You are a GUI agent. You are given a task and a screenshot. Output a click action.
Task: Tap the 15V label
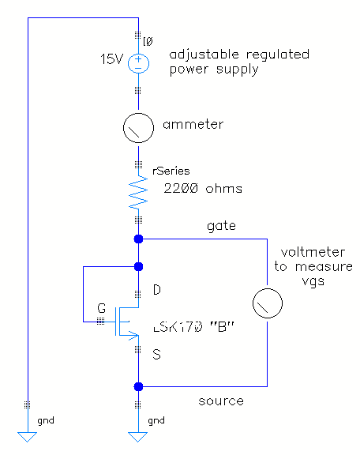pos(112,59)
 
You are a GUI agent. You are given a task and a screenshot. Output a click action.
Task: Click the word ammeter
pos(193,124)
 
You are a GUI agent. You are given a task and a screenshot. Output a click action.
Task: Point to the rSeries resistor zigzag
pos(138,193)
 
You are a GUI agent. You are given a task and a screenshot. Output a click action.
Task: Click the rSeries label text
pos(171,171)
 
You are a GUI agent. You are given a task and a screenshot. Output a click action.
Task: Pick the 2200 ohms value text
pos(203,188)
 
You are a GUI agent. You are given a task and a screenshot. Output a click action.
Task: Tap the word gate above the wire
pos(221,226)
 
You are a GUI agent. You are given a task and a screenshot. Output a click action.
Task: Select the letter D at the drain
pos(157,290)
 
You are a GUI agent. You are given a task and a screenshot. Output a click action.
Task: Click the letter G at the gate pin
pos(102,308)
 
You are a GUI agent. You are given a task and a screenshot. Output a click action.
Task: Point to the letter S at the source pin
pos(157,355)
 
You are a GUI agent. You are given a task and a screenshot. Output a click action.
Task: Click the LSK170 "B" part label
pos(194,327)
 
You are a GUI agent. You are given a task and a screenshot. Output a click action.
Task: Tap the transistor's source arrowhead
pos(133,336)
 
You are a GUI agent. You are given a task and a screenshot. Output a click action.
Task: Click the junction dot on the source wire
pos(138,386)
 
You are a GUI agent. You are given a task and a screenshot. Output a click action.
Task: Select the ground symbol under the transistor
pos(137,437)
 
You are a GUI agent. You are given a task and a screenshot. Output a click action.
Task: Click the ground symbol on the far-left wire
pos(27,437)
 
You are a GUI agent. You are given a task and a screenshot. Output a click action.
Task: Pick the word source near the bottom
pos(221,401)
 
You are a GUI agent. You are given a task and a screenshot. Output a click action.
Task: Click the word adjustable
pos(204,55)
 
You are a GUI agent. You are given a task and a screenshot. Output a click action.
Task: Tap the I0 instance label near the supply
pos(148,42)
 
